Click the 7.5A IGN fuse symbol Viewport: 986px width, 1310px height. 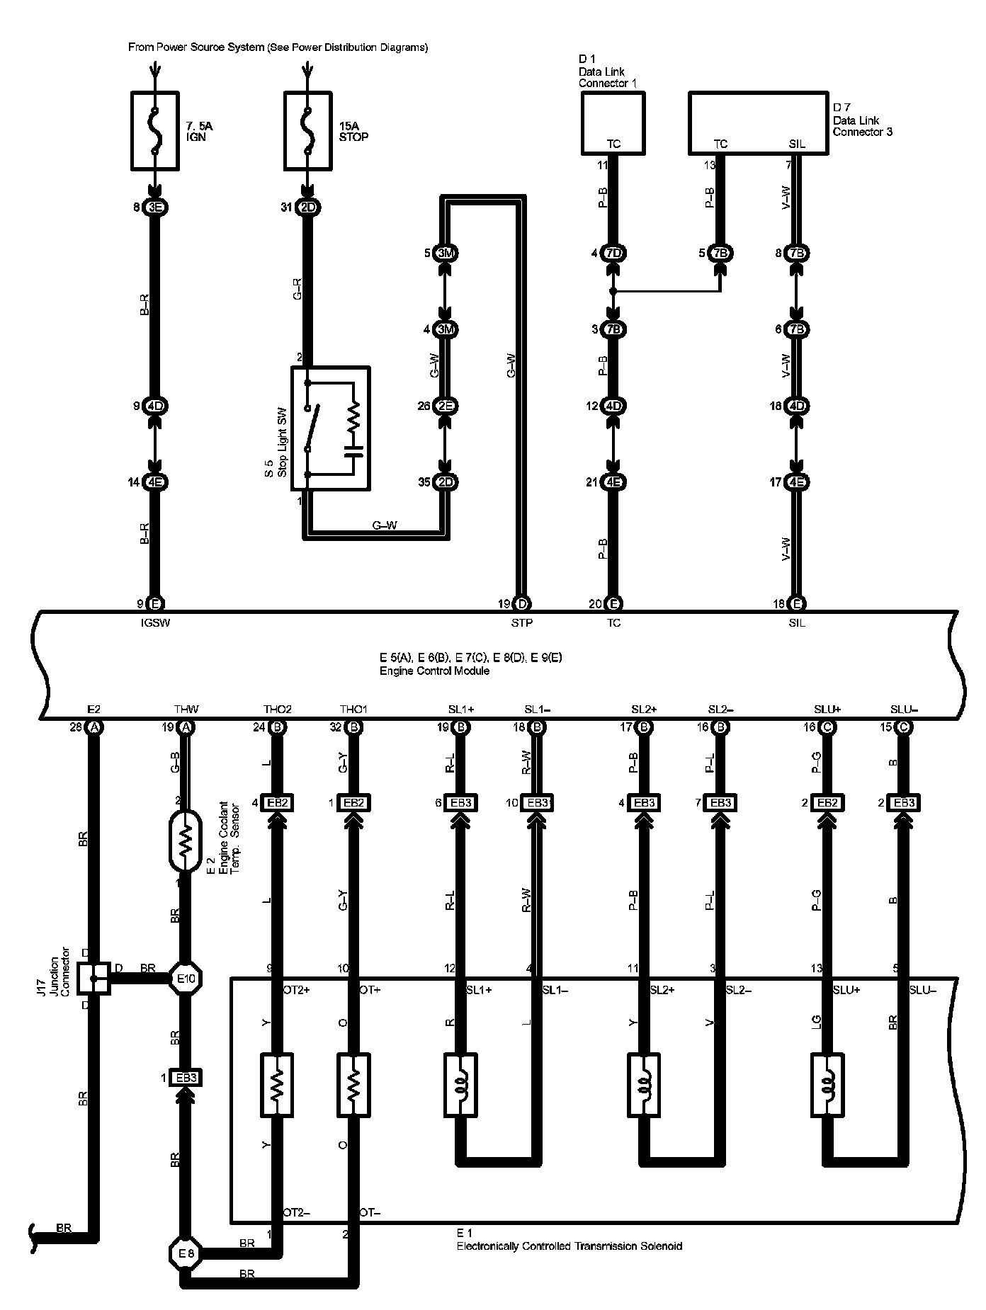154,131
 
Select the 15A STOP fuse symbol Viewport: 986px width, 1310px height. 307,131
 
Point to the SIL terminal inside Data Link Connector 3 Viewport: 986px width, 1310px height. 797,144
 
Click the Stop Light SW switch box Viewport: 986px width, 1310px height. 330,428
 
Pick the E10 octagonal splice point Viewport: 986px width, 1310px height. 186,978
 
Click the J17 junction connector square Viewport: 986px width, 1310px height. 93,978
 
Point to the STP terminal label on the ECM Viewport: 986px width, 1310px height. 521,622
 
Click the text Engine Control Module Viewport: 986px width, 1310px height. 434,671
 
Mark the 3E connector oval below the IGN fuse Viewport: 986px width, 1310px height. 155,207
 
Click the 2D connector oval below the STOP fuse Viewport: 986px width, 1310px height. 308,207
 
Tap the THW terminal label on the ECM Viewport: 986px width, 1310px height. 186,709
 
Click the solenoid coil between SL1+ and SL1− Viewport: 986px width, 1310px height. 461,1085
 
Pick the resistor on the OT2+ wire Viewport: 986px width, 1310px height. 278,1085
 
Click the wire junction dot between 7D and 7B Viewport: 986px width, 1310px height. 613,291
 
